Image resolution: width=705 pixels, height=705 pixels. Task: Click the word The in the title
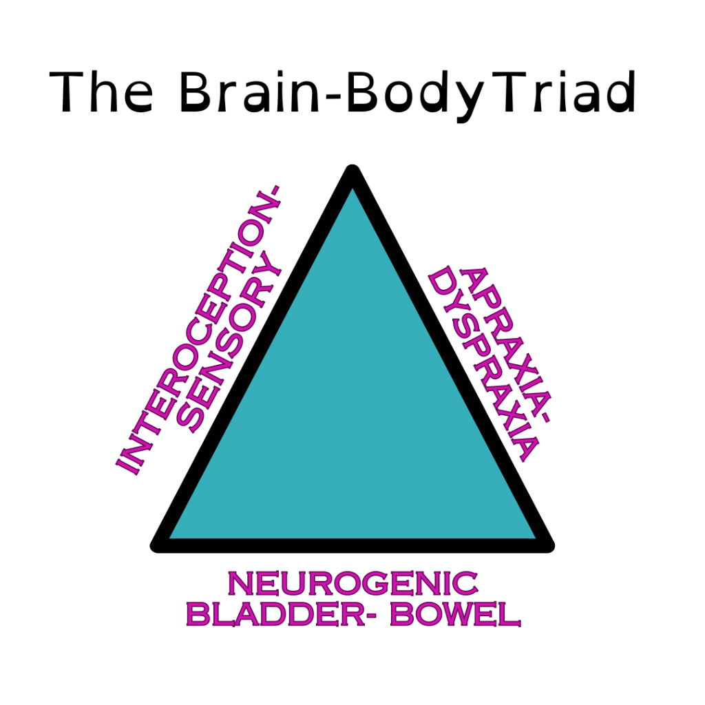102,93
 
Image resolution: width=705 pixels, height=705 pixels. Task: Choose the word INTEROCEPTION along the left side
200,330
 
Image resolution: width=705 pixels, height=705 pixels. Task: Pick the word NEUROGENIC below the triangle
352,585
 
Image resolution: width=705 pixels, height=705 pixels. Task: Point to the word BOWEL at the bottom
454,614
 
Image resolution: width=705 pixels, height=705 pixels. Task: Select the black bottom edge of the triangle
352,545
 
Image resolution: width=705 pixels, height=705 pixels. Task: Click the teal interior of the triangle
352,413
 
